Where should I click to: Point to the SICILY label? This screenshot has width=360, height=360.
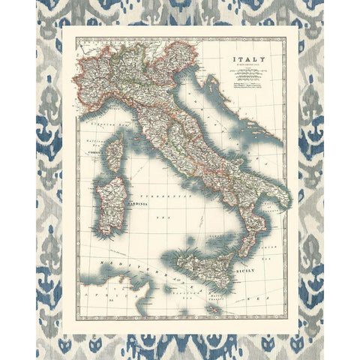pos(246,268)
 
